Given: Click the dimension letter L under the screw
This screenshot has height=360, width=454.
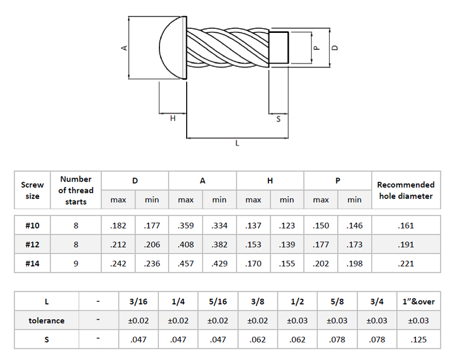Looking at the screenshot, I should pos(237,144).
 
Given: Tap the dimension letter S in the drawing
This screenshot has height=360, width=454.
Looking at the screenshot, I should pos(278,119).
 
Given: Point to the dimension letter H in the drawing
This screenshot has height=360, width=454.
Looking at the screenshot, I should pos(173,118).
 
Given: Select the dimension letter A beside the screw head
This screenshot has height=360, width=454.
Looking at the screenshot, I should pos(124,48).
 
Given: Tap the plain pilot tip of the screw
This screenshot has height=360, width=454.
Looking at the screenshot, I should pos(279,48).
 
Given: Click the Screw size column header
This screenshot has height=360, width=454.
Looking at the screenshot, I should pos(32,190).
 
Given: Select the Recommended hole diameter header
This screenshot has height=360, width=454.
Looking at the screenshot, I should pos(406,190).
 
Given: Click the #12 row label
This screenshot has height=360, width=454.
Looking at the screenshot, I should pos(32,244).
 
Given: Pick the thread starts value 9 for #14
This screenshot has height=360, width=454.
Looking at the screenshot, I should pos(76,263).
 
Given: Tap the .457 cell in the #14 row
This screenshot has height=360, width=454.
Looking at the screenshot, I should pos(186,263).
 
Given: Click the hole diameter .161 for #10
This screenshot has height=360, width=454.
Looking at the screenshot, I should pos(406,226).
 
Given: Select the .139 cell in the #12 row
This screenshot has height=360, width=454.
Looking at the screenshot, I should pos(287,244).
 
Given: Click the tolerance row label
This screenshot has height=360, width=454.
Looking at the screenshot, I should pos(47,320).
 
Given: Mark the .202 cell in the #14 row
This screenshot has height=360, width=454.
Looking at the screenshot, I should pos(321,263).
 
